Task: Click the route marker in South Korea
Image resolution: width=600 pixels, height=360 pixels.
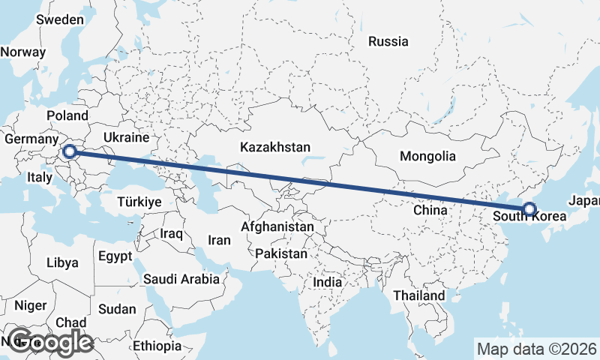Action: click(529, 209)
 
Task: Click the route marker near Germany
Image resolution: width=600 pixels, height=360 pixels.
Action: click(70, 152)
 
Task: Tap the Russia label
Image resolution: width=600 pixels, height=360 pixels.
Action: click(388, 41)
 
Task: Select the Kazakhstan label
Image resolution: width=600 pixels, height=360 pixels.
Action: click(276, 146)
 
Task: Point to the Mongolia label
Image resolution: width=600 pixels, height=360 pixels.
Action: click(428, 157)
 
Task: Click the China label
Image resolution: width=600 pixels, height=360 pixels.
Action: click(430, 211)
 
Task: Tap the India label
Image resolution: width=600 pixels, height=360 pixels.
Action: click(327, 283)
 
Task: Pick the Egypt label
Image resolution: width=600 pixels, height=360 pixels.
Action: click(115, 256)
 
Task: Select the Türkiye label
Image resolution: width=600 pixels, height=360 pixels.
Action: click(139, 202)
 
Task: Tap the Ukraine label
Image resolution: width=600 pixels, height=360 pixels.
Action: click(127, 138)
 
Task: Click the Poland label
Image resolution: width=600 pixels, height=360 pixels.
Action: click(67, 116)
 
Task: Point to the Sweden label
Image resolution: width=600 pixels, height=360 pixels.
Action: click(60, 19)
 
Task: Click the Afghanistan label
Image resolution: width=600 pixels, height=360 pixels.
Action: click(277, 226)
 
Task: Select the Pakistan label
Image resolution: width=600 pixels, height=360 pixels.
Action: click(281, 254)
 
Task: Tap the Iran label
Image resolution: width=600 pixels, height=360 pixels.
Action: click(219, 240)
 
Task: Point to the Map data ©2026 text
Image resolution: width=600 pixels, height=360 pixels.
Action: click(536, 349)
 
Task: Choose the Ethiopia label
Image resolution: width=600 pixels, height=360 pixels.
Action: click(157, 346)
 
